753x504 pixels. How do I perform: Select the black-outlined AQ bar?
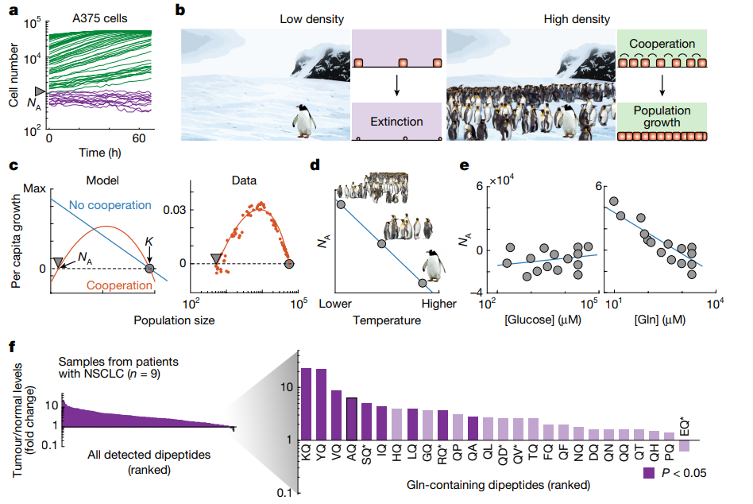tap(351, 419)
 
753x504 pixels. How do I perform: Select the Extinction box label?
tap(396, 122)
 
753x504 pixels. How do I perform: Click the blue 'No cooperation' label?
tap(110, 205)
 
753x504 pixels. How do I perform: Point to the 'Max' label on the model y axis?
tap(35, 188)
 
